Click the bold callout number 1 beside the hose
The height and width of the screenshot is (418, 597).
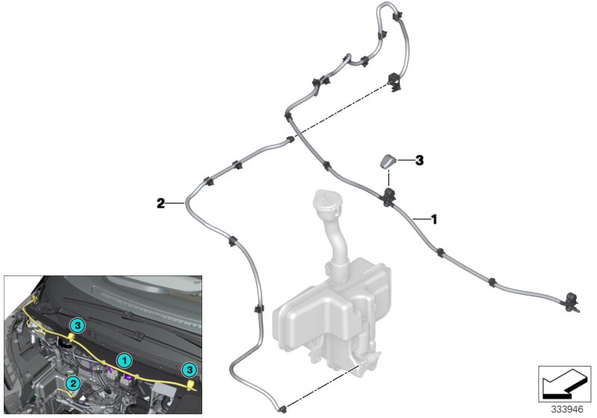[x=434, y=219]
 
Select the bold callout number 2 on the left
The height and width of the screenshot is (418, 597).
[x=160, y=202]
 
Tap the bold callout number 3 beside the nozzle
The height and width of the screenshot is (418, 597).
[x=419, y=160]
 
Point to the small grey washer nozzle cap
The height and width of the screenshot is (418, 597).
[x=389, y=162]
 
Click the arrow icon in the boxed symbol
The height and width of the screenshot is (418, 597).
[x=561, y=384]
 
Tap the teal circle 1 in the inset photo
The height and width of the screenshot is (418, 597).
[x=126, y=360]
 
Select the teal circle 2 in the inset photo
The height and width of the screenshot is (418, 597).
[x=72, y=383]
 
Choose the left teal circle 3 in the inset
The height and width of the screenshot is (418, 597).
[x=77, y=324]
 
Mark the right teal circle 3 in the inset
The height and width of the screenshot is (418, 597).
[x=190, y=369]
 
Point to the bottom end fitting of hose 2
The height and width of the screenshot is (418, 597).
[x=282, y=408]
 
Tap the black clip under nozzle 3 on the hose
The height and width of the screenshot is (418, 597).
[x=389, y=197]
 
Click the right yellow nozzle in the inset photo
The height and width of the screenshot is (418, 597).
[x=194, y=384]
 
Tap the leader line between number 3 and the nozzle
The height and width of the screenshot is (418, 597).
[x=404, y=160]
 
